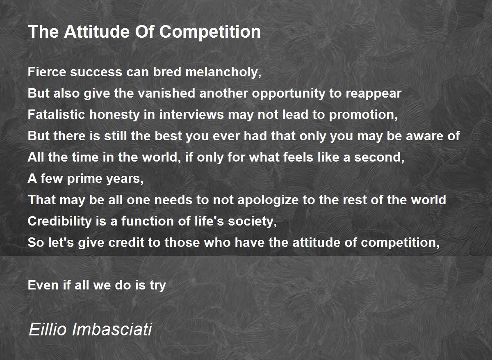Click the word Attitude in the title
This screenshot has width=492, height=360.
(97, 32)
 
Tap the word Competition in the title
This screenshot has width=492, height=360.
(210, 32)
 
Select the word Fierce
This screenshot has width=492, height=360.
(47, 72)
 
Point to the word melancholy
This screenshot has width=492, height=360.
(223, 73)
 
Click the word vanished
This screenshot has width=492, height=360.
(167, 93)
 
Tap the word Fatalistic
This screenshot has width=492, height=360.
(56, 114)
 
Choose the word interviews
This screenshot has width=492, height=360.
(191, 114)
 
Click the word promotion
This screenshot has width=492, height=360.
(363, 115)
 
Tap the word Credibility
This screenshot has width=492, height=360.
(59, 221)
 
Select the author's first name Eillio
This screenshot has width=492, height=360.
(48, 329)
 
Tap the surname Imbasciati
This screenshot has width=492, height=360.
(112, 329)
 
